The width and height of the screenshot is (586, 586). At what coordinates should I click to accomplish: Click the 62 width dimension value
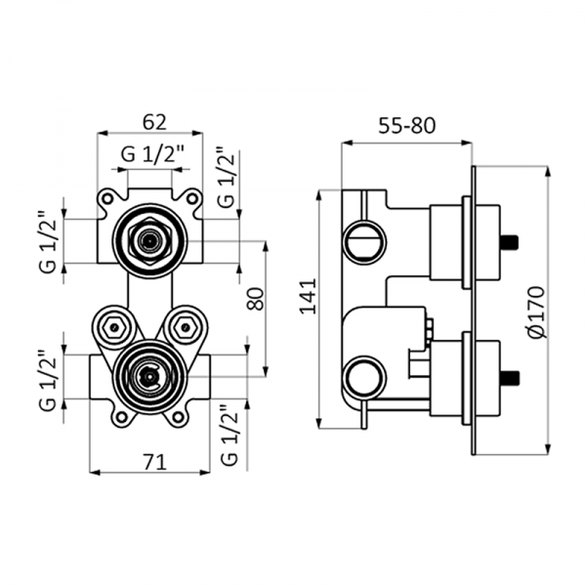point(154,122)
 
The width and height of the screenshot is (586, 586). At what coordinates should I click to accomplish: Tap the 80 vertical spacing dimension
point(256,298)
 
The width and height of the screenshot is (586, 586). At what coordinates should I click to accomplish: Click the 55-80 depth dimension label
point(405,124)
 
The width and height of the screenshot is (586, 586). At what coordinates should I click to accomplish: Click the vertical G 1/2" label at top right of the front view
point(227,178)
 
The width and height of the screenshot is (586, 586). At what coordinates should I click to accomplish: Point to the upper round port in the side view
point(364,240)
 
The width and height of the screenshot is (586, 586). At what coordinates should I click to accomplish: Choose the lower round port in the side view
point(364,375)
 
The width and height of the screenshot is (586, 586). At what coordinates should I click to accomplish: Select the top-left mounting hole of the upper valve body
point(105,198)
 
